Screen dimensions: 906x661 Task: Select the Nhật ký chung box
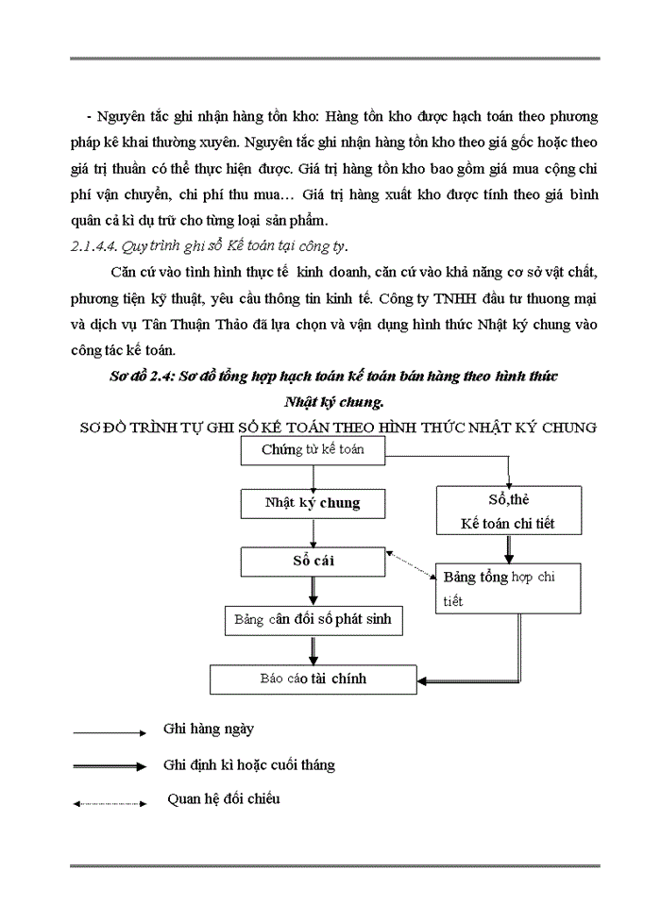[x=313, y=503]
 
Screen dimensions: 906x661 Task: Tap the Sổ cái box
[x=313, y=562]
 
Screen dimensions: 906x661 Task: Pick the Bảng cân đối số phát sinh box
[x=313, y=620]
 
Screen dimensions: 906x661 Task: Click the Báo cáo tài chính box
[x=313, y=679]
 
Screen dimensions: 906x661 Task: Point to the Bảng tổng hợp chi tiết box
[x=507, y=588]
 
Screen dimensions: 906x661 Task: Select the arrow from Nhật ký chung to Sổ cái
[x=313, y=532]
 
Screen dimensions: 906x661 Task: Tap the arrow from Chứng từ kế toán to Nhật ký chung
[x=313, y=477]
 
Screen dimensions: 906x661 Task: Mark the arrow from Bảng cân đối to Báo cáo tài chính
[x=313, y=651]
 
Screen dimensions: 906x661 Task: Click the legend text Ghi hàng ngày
[x=208, y=730]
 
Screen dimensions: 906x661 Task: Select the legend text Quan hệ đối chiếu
[x=224, y=799]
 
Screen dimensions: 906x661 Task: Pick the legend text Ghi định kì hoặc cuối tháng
[x=248, y=764]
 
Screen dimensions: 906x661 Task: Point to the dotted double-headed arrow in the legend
[x=109, y=803]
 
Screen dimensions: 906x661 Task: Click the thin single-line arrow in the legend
[x=109, y=732]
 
